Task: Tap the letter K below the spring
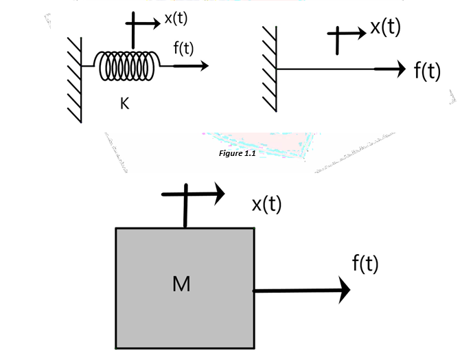tap(124, 104)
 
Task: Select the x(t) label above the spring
tap(176, 19)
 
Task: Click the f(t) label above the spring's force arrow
tap(183, 49)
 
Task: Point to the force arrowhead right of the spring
tap(203, 66)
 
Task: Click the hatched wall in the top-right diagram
tap(269, 68)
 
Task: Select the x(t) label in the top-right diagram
tap(385, 27)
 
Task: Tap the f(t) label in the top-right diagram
tap(427, 71)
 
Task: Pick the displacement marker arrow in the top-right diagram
tap(347, 34)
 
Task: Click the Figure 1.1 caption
tap(235, 153)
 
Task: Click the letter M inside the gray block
tap(181, 284)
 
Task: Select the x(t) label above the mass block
tap(266, 204)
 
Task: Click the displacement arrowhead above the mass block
tap(219, 194)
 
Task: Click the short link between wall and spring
tap(88, 66)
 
